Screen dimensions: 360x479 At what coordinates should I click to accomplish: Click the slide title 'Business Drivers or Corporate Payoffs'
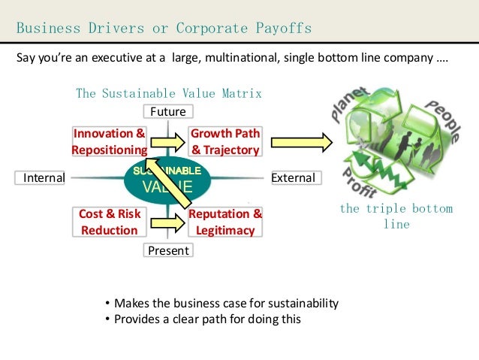(x=164, y=29)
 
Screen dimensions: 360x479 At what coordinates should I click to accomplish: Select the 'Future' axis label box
(x=168, y=111)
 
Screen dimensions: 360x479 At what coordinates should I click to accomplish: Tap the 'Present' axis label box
(x=168, y=250)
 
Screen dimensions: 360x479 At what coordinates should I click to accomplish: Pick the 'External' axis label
(x=293, y=178)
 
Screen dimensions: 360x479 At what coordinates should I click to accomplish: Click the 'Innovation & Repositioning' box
(x=110, y=141)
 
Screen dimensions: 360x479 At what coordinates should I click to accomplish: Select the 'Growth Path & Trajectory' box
(x=225, y=141)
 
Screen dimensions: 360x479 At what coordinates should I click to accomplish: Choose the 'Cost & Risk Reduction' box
(x=110, y=222)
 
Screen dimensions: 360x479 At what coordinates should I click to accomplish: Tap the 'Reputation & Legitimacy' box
(x=225, y=222)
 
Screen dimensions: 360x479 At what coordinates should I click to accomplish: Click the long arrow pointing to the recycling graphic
(x=301, y=141)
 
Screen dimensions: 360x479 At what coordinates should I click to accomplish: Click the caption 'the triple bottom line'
(x=396, y=216)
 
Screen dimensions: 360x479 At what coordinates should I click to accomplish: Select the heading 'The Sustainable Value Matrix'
(x=168, y=94)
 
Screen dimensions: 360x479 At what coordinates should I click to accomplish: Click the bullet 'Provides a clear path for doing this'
(x=206, y=319)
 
